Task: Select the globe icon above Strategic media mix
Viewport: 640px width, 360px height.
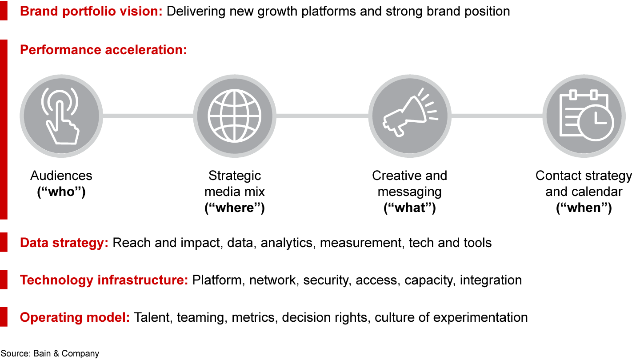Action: [x=235, y=116]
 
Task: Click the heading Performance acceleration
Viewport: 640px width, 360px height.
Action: [x=104, y=50]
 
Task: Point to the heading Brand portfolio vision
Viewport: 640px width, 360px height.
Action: [x=91, y=12]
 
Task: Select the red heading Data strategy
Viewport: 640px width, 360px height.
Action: [x=64, y=243]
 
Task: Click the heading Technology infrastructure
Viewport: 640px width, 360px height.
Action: [x=104, y=280]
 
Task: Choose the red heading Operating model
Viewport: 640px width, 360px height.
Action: [x=75, y=318]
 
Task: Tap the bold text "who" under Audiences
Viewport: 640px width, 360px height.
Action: [x=61, y=192]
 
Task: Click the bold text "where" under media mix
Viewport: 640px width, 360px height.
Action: [x=235, y=208]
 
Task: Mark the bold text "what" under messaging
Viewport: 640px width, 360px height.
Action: [x=410, y=208]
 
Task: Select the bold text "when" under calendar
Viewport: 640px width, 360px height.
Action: [x=584, y=208]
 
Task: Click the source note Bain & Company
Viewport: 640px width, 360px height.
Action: [x=66, y=354]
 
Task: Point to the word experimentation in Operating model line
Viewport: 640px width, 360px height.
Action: [x=480, y=318]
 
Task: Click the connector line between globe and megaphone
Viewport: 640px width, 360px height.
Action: [x=322, y=116]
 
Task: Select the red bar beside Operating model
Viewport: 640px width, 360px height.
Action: [x=4, y=317]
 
